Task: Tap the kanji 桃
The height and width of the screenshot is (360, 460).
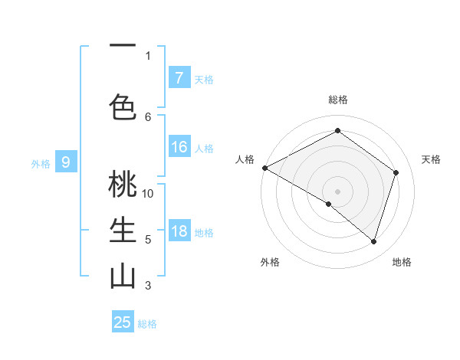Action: (x=123, y=185)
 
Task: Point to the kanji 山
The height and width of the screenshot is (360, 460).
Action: (x=123, y=276)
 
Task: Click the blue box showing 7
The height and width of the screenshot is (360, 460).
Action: (x=179, y=78)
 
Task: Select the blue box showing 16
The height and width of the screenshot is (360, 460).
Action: (x=179, y=148)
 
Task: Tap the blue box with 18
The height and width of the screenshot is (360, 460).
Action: (x=179, y=232)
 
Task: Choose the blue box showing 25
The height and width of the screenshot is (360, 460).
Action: (x=123, y=322)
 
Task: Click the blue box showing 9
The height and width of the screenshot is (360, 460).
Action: (x=66, y=162)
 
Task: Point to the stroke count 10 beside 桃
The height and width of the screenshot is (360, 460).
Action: (x=148, y=193)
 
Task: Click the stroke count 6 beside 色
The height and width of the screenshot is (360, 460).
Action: (x=148, y=116)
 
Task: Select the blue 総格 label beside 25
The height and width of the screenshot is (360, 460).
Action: (x=147, y=324)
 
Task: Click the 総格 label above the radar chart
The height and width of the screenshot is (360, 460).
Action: (x=337, y=100)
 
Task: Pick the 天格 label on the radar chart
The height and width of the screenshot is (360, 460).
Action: (x=431, y=159)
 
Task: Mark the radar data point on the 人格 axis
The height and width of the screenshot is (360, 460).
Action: (x=264, y=168)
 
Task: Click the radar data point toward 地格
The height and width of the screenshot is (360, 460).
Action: (x=373, y=241)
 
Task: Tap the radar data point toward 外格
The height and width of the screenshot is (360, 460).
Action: (x=329, y=204)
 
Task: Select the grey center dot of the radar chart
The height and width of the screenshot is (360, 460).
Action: (x=337, y=190)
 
